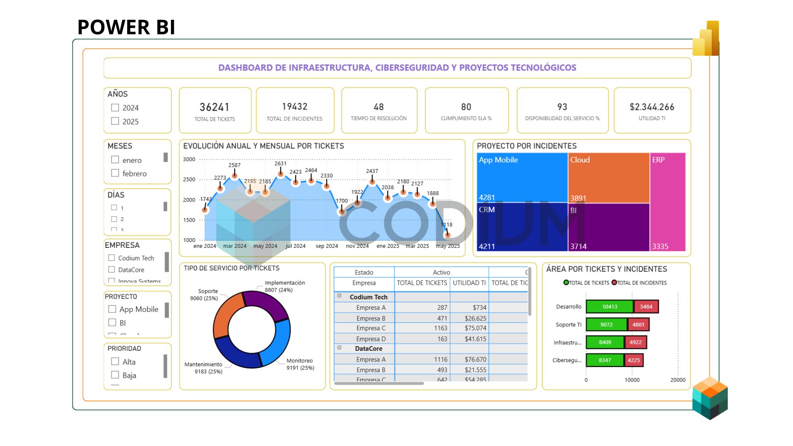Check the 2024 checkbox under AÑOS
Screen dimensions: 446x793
[x=115, y=108]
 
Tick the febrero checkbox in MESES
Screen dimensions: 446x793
[x=115, y=173]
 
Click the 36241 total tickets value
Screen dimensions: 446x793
[x=214, y=107]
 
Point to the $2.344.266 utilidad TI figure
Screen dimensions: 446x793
[x=652, y=107]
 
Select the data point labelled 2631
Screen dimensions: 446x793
[x=280, y=174]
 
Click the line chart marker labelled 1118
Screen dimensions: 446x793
[x=447, y=235]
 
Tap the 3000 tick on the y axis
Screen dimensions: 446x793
[x=189, y=159]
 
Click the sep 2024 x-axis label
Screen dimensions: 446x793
[x=327, y=246]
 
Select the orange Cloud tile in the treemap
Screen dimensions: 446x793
[x=608, y=178]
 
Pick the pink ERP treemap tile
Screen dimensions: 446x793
[x=667, y=202]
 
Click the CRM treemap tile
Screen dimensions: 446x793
[x=522, y=227]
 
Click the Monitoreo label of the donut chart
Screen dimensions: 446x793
[x=299, y=361]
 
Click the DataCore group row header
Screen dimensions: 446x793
[x=368, y=349]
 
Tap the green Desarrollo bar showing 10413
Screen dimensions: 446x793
[x=609, y=307]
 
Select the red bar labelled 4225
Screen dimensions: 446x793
[x=634, y=360]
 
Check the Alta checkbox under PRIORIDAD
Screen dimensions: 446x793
[x=115, y=361]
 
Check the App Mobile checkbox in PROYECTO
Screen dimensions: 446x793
[x=112, y=309]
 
